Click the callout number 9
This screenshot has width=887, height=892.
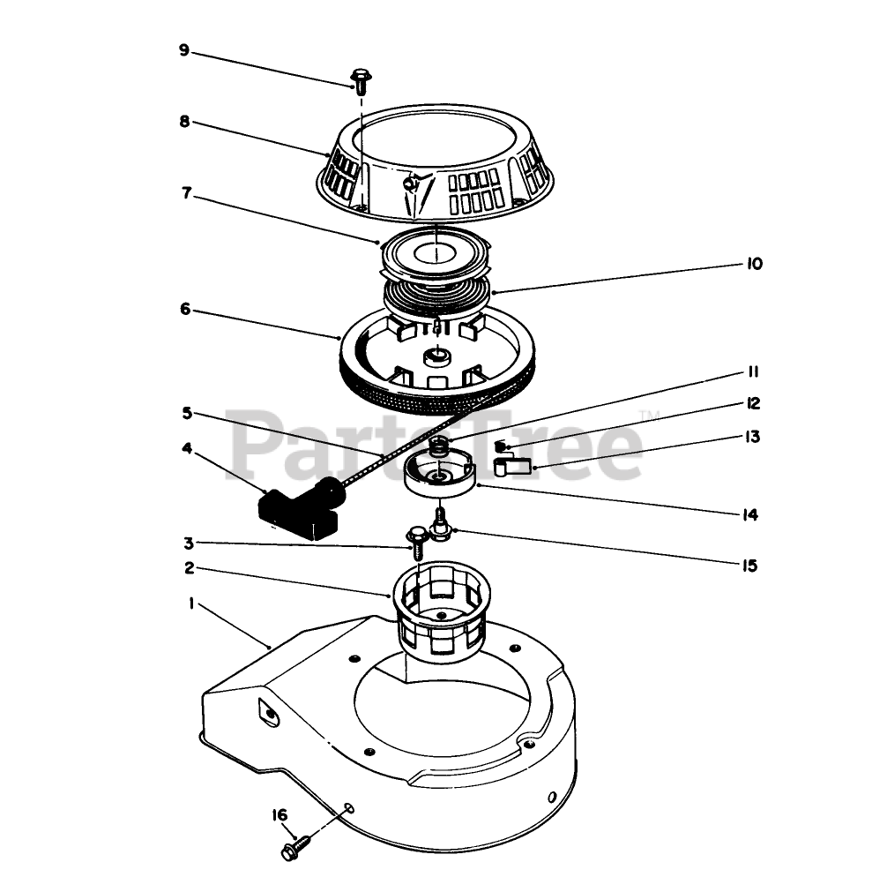pyautogui.click(x=183, y=50)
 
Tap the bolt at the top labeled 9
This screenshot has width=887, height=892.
pyautogui.click(x=361, y=81)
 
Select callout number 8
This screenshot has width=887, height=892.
pyautogui.click(x=185, y=121)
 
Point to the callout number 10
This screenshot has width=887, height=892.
pyautogui.click(x=754, y=264)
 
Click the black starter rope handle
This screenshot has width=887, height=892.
pyautogui.click(x=302, y=507)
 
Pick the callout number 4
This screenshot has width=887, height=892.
pyautogui.click(x=187, y=448)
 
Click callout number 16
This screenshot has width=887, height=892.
pyautogui.click(x=280, y=815)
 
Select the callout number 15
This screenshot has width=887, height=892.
pyautogui.click(x=750, y=566)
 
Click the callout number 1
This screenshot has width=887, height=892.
pyautogui.click(x=191, y=603)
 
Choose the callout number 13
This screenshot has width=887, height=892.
pyautogui.click(x=752, y=437)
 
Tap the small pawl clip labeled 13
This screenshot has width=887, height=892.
pyautogui.click(x=511, y=465)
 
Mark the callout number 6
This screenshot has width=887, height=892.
pyautogui.click(x=185, y=309)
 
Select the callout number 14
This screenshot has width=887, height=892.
pyautogui.click(x=750, y=515)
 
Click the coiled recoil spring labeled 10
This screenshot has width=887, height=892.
pyautogui.click(x=436, y=294)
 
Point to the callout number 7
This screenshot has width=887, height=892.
pyautogui.click(x=187, y=193)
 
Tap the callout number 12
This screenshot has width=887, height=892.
pyautogui.click(x=753, y=403)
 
